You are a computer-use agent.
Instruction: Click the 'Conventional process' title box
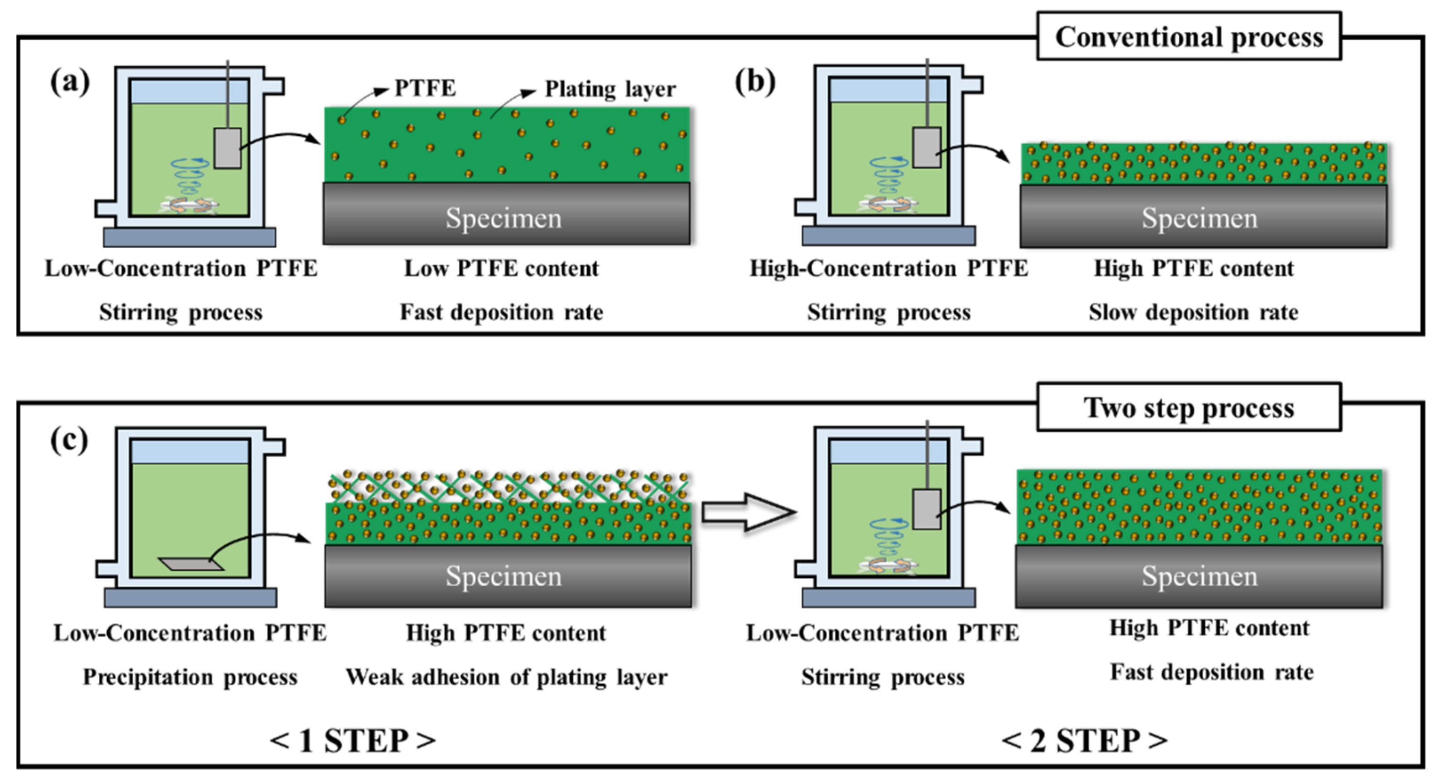click(x=1189, y=37)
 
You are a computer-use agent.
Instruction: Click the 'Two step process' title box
click(x=1189, y=408)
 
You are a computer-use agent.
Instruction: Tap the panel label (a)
click(x=70, y=82)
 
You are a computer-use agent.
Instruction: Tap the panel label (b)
click(x=754, y=82)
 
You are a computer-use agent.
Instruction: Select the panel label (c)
click(x=69, y=440)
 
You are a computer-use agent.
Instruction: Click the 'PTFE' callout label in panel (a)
click(x=425, y=88)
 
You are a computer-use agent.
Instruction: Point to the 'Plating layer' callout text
click(x=610, y=89)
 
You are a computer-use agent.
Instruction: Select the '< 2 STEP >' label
click(x=1084, y=741)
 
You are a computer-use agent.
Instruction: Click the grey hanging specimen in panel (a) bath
click(x=228, y=148)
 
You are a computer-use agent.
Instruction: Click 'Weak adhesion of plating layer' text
click(x=506, y=677)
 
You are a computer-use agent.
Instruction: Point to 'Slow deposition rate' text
click(x=1193, y=312)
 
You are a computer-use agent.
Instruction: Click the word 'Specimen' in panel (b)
click(x=1199, y=218)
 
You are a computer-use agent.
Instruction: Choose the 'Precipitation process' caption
click(x=190, y=677)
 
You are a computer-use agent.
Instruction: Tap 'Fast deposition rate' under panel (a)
click(x=501, y=312)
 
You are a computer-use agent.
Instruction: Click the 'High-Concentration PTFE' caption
click(x=888, y=269)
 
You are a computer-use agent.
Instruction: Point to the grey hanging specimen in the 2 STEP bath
click(x=926, y=509)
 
